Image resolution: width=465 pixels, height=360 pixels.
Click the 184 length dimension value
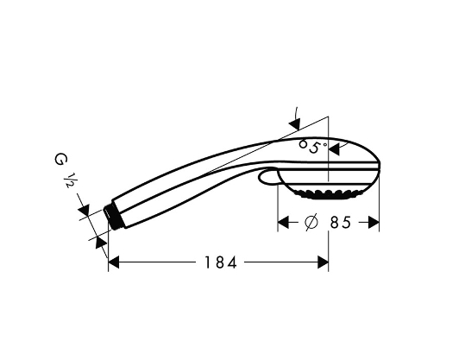pos(221,262)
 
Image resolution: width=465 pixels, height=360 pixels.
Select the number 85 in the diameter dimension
pos(341,222)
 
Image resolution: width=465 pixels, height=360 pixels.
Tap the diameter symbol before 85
pos(311,222)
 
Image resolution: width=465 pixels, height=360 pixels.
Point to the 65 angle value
pos(310,147)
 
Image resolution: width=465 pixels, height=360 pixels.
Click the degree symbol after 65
pos(324,144)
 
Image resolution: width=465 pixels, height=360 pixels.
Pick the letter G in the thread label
pos(60,160)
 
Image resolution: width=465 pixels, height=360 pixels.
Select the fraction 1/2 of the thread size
pos(67,180)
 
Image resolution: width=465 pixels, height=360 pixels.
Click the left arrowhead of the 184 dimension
pos(114,262)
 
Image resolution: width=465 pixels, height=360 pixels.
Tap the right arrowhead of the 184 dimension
pos(323,262)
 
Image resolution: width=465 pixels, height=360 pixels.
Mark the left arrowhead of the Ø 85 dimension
pos(283,222)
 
